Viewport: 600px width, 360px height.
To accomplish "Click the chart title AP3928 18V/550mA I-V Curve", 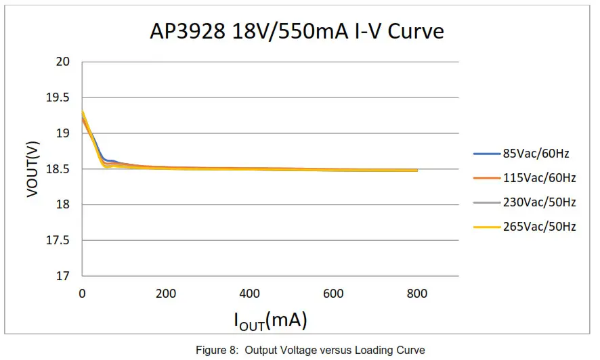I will (297, 32).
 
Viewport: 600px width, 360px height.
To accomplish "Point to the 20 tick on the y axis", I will (63, 62).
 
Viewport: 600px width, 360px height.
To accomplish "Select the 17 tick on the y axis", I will (63, 276).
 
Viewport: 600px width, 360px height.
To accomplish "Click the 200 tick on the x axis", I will (166, 294).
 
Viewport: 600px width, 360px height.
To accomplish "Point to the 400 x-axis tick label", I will (250, 294).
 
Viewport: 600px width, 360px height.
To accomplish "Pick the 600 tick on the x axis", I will (333, 294).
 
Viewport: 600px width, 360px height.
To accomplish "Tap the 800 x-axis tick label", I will (417, 294).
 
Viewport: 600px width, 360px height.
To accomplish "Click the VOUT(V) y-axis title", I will (32, 169).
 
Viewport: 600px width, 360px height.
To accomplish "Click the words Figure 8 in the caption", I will (216, 351).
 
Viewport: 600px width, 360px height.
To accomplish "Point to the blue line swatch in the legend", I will (486, 154).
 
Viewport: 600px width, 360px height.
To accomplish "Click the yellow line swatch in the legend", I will (486, 227).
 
